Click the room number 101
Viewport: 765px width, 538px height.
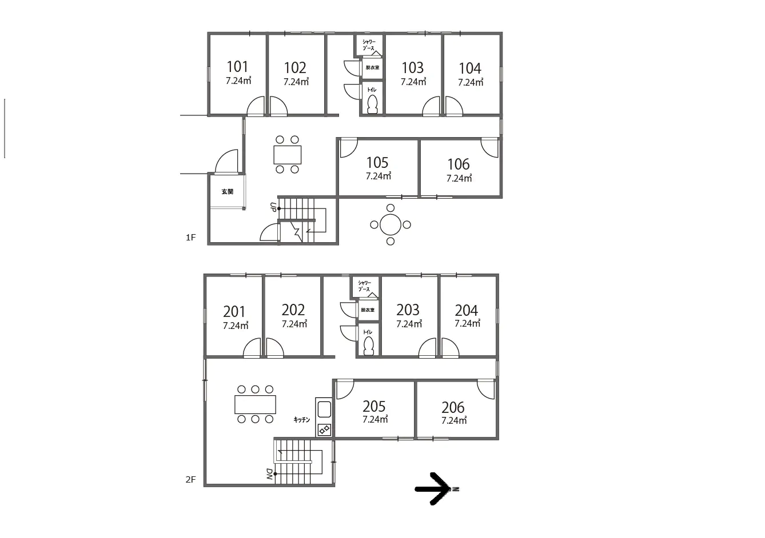[237, 67]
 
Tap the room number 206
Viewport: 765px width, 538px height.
[453, 407]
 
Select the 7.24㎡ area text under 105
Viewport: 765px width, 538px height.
[378, 176]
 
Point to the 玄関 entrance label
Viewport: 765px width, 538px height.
[228, 192]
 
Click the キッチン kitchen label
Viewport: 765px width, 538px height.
[301, 420]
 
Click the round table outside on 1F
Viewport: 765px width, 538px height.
[391, 224]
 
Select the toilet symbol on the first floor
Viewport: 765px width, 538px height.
[373, 105]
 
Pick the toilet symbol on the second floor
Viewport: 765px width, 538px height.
[368, 346]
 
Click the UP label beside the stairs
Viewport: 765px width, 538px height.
[273, 207]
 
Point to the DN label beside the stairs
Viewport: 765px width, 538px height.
[269, 473]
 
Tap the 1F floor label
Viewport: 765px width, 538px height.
[190, 238]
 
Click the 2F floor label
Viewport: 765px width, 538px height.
[190, 480]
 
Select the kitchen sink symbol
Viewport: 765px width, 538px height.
[324, 409]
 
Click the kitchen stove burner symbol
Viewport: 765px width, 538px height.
[324, 429]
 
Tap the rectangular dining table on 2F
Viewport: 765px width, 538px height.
[255, 404]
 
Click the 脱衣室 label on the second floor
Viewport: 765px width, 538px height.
[368, 310]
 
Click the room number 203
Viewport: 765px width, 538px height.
[408, 310]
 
